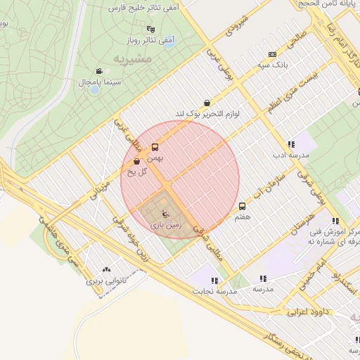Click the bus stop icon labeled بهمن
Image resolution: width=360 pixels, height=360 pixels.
click(155, 148)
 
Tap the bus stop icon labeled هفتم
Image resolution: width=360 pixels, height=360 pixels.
click(242, 206)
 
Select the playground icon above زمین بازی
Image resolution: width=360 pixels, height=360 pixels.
click(166, 213)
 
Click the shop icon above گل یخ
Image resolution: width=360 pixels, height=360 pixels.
click(136, 161)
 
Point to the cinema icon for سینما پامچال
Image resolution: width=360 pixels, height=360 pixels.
click(99, 71)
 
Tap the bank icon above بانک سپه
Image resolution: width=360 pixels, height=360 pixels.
click(272, 54)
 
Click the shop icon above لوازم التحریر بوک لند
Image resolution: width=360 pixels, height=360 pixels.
click(207, 103)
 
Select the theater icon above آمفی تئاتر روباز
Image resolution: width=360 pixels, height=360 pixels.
click(150, 29)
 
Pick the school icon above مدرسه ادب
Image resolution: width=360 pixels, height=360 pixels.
click(291, 144)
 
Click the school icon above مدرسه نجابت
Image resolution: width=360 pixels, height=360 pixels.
click(214, 281)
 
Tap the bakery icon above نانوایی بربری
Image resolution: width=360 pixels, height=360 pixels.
click(106, 269)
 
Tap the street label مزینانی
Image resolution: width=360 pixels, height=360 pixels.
click(98, 190)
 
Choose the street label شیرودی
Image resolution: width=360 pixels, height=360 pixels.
click(236, 25)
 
